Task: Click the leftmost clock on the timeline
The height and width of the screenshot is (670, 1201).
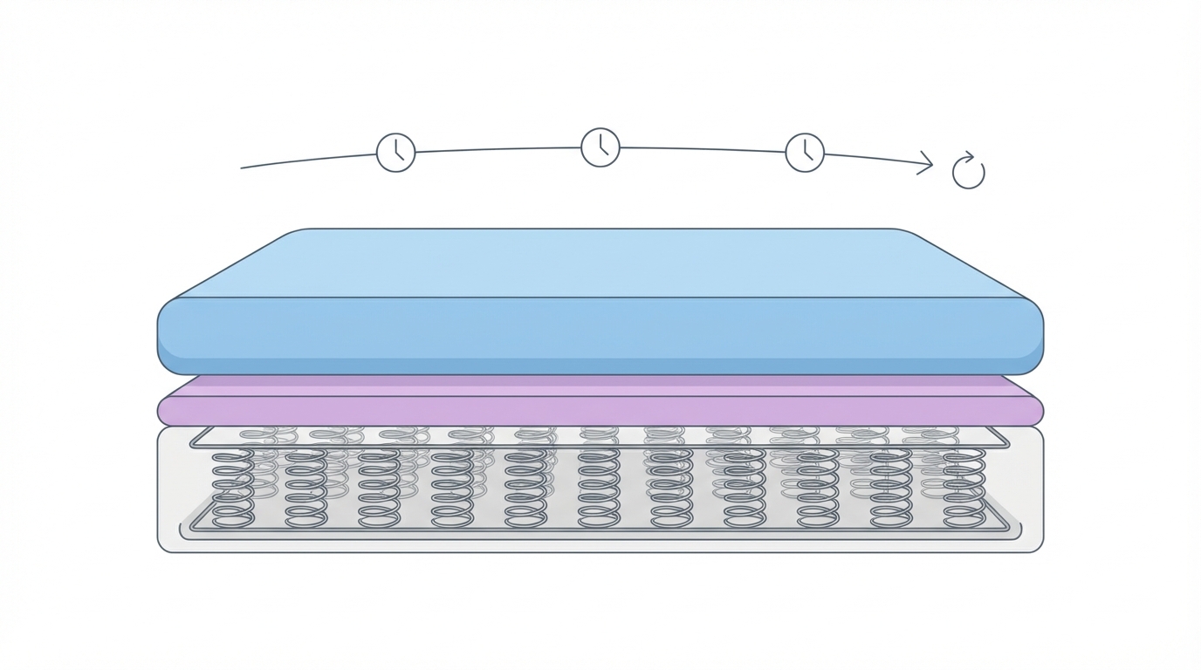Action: (x=395, y=153)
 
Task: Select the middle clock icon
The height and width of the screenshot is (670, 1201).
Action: (x=600, y=147)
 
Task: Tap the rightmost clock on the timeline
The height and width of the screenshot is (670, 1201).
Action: (x=805, y=153)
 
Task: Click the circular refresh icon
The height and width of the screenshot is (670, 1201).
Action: (x=968, y=172)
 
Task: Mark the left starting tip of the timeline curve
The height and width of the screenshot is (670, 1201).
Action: (x=243, y=167)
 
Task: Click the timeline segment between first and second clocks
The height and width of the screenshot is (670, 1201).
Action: (x=498, y=150)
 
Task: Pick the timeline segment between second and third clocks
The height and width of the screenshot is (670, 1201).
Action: (x=703, y=149)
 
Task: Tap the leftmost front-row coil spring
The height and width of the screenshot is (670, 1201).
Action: (x=233, y=489)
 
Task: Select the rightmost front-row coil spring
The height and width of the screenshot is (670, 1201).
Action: (x=964, y=489)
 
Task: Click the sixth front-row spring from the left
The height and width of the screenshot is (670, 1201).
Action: (x=599, y=489)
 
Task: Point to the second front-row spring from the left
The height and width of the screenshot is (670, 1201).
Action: (x=306, y=489)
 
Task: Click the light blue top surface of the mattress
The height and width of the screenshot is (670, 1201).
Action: (x=600, y=262)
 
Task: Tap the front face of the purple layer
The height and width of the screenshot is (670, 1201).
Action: (x=600, y=411)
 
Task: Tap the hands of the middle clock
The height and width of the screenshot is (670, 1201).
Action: (x=602, y=149)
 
